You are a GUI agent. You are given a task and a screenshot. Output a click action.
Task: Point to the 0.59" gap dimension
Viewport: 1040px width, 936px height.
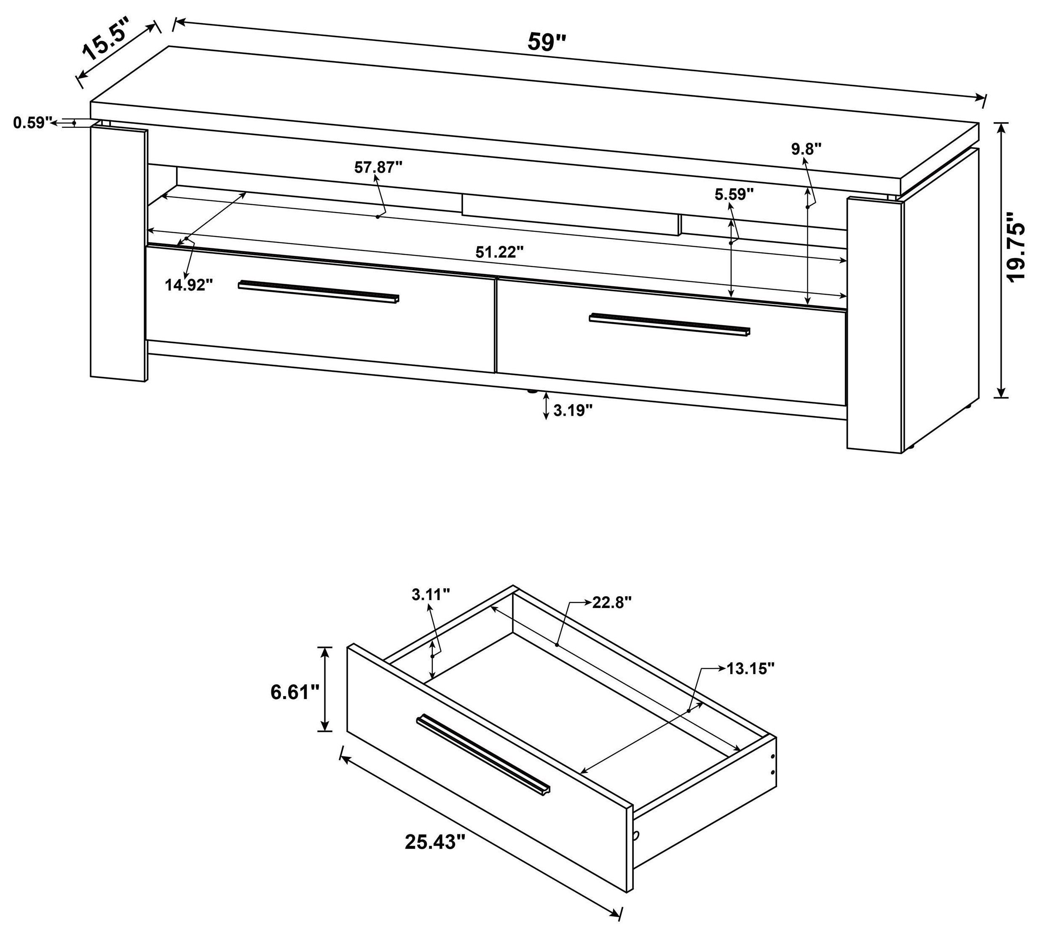coord(33,123)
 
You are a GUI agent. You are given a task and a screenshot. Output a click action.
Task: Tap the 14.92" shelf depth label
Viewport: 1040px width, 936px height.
coord(189,285)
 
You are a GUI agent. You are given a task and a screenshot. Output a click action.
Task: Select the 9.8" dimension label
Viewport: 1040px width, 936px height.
coord(806,149)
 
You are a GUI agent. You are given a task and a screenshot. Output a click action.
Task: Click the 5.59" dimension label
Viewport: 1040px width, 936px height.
coord(734,194)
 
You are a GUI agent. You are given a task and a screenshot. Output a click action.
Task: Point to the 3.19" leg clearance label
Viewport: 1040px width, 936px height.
coord(573,410)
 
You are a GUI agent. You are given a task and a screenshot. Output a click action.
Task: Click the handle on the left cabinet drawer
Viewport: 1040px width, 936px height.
coord(319,291)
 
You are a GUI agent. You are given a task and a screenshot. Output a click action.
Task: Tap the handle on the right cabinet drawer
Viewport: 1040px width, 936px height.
coord(669,325)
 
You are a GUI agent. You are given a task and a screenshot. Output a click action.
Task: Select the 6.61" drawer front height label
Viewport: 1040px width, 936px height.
coord(295,692)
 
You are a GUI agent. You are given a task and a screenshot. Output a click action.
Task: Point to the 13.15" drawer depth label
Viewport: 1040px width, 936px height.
coord(750,669)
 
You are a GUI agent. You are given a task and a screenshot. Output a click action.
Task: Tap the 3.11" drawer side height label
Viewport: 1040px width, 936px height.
coord(431,594)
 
